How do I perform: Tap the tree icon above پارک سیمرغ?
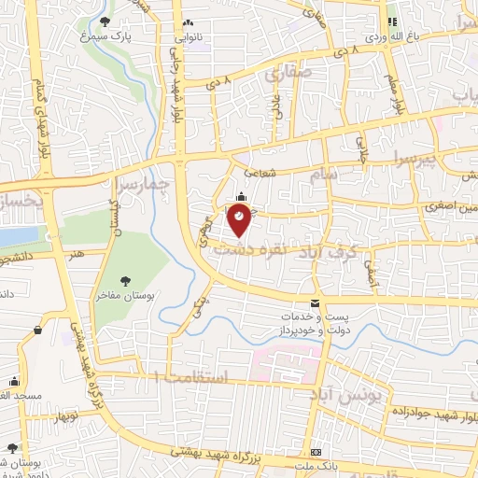coord(102,21)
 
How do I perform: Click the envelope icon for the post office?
coord(315,302)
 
